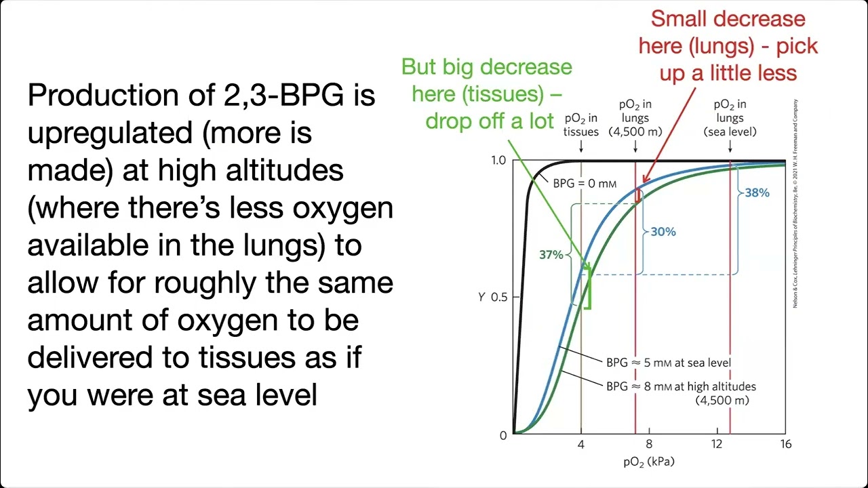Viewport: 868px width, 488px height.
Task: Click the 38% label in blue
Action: coord(757,193)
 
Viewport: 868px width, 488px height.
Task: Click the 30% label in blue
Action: coord(663,232)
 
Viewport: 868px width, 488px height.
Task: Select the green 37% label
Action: coord(551,255)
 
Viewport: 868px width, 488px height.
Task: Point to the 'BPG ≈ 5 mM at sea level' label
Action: coord(669,363)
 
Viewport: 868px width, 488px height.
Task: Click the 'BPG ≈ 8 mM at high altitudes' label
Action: coord(681,387)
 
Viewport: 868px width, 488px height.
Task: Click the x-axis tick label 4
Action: coord(580,445)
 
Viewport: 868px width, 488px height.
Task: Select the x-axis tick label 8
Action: coord(649,445)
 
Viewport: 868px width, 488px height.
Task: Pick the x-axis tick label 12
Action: coord(717,445)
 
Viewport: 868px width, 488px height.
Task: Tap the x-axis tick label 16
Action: coord(785,445)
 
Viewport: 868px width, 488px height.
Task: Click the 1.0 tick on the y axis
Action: coord(498,161)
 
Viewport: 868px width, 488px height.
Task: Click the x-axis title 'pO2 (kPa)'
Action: coord(649,462)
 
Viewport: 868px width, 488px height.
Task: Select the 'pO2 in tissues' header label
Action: coord(580,125)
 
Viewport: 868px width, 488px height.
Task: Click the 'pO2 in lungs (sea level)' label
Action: coord(730,118)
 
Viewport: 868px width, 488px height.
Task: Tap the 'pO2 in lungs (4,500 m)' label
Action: coord(635,118)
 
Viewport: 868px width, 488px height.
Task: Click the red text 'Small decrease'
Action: coord(728,18)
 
